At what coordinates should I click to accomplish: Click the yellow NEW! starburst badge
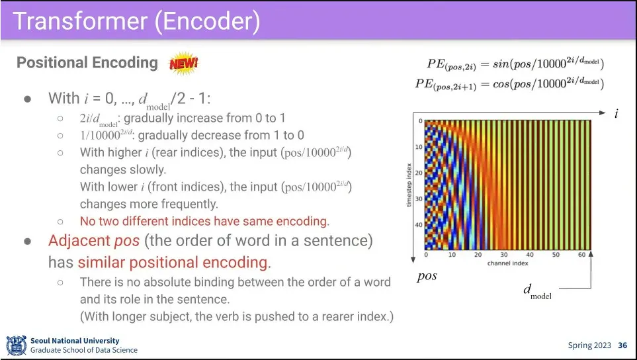184,63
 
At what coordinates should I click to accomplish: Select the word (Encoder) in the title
207,22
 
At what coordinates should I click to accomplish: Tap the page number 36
622,345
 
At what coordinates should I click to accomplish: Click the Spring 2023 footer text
589,345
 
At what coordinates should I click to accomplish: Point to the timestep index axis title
409,185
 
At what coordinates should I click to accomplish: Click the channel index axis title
508,263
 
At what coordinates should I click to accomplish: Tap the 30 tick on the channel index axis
504,255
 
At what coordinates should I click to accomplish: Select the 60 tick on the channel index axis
581,255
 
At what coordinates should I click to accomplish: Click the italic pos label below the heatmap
427,277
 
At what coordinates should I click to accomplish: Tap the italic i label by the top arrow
616,113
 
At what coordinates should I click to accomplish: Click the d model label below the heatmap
538,292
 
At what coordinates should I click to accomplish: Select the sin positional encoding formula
515,64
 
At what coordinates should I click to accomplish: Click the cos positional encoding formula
509,84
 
